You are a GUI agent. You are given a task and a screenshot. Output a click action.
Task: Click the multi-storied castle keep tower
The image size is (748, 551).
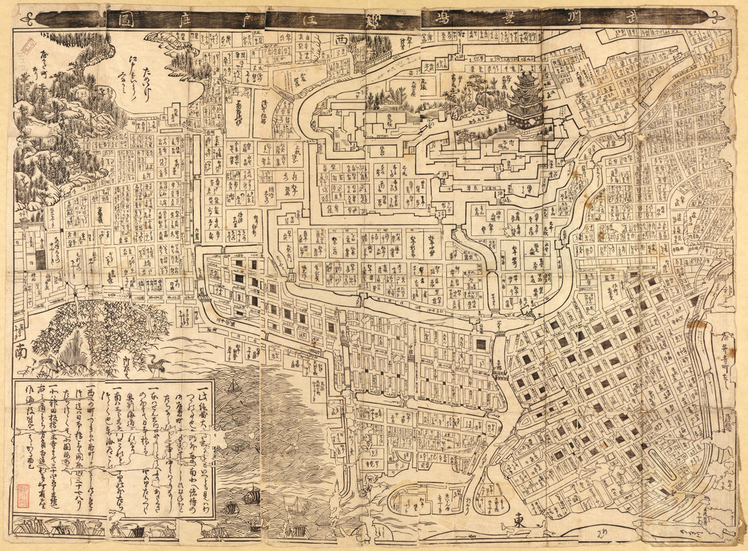[526, 102]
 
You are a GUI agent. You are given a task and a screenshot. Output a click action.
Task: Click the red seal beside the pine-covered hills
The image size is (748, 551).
[29, 46]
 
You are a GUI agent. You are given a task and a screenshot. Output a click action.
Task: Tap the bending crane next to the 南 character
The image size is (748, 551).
[48, 366]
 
